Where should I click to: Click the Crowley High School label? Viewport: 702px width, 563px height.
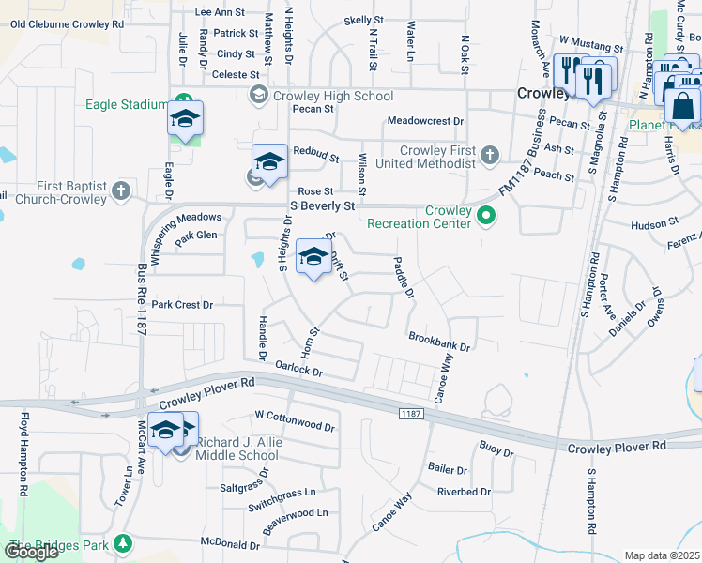coord(333,96)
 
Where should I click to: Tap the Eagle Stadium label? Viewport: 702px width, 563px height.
coord(127,104)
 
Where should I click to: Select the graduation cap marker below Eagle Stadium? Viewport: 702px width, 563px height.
coord(186,119)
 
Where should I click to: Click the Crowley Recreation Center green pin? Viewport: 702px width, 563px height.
coord(485,216)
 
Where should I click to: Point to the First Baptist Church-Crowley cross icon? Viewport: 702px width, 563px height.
coord(120,191)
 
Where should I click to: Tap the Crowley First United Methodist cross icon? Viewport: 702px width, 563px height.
coord(488,154)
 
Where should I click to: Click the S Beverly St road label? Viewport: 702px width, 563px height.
coord(323,205)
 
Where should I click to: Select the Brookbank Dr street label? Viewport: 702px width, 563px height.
coord(438,340)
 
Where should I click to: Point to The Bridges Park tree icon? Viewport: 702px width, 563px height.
coord(121,543)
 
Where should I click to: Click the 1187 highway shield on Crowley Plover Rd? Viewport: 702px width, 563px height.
coord(410,413)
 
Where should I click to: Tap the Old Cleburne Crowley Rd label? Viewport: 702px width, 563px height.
coord(67,23)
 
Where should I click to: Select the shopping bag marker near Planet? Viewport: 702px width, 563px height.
coord(682,104)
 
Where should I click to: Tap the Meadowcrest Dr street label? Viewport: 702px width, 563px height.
coord(426,121)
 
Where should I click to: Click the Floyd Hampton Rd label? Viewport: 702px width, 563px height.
coord(22,464)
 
